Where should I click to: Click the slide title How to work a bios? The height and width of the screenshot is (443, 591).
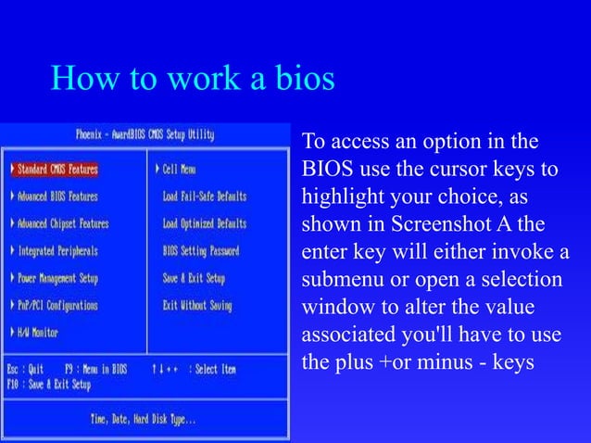coord(193,80)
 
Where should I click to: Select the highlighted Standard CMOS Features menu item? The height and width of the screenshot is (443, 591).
coord(57,170)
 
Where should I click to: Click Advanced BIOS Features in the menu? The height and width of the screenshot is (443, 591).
coord(57,196)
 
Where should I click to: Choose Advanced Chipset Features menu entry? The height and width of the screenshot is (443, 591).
coord(62,223)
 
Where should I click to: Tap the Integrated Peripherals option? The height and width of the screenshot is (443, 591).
coord(57,250)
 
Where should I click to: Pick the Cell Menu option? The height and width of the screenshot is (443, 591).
coord(179,170)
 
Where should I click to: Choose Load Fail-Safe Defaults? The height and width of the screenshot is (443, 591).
coord(204,196)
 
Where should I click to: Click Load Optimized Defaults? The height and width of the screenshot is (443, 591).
coord(204,223)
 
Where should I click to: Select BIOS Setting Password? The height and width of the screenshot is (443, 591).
coord(200,250)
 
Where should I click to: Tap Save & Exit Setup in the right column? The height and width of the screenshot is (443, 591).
coord(194,277)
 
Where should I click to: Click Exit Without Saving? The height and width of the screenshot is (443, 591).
coord(196,304)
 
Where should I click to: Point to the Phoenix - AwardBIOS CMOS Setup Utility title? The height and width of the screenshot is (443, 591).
coord(145,134)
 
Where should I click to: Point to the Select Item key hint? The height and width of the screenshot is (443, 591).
coord(215,369)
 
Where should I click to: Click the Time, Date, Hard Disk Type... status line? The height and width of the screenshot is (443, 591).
coord(143,419)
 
